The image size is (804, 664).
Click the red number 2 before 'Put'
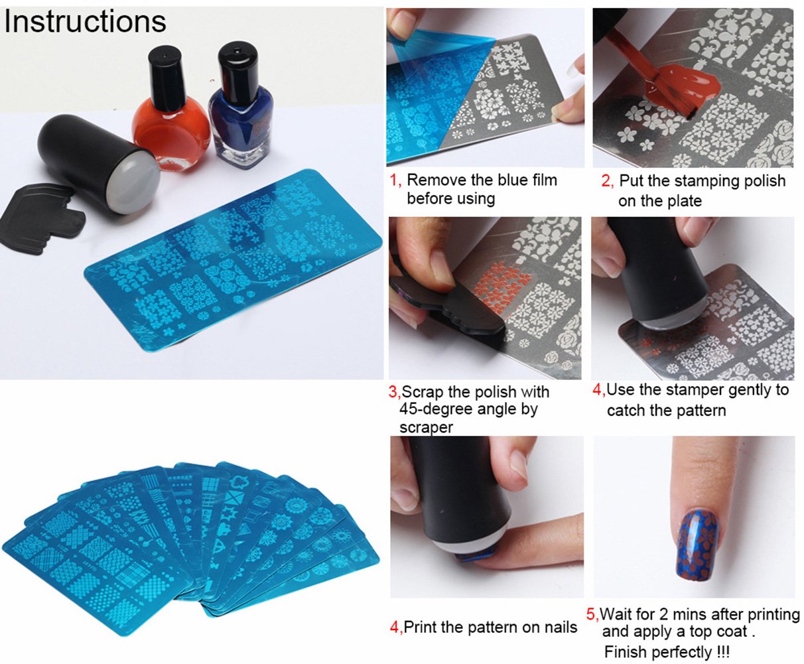pyautogui.click(x=606, y=181)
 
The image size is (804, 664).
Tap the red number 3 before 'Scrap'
pyautogui.click(x=393, y=392)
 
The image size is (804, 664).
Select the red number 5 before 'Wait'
pyautogui.click(x=592, y=614)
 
